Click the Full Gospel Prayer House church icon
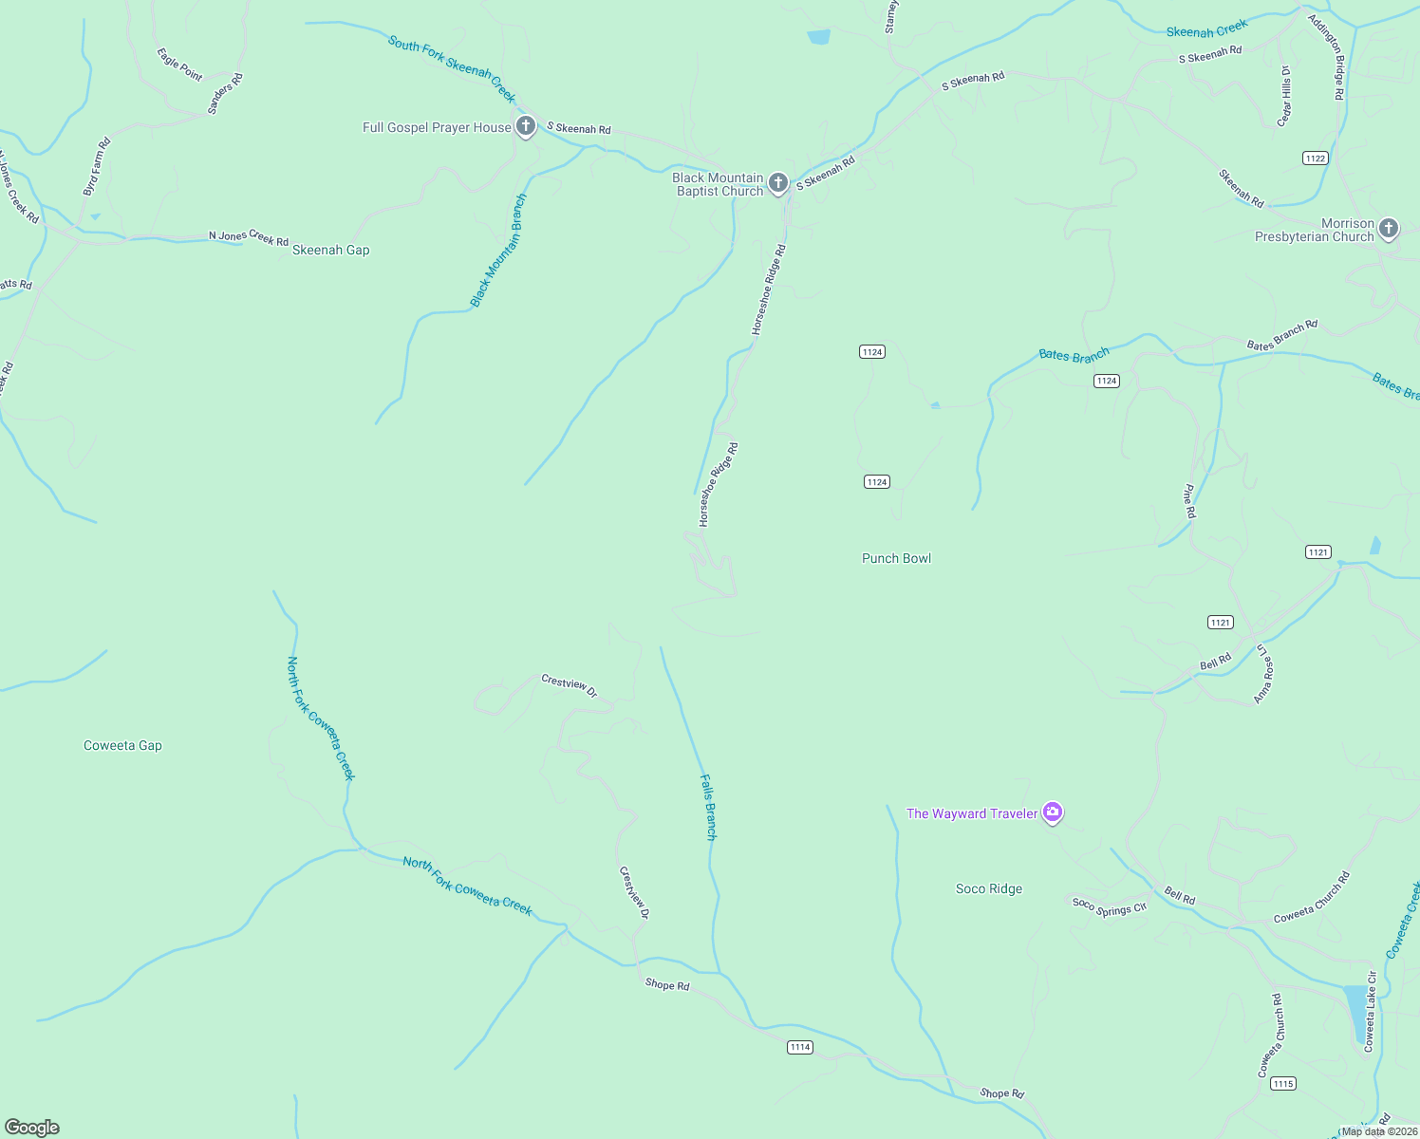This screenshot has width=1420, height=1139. click(526, 126)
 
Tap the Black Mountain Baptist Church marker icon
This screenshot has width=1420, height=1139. click(778, 182)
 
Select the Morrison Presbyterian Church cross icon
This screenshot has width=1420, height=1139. click(1389, 228)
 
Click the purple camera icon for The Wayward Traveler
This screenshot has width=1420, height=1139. click(1052, 812)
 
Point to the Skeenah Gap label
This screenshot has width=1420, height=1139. click(330, 251)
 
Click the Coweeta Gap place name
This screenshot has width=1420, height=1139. click(122, 746)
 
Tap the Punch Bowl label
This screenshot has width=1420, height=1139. click(896, 559)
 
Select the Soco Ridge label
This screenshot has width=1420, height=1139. click(988, 889)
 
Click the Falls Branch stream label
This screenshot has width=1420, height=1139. click(708, 807)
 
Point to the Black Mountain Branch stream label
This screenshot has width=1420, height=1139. click(497, 252)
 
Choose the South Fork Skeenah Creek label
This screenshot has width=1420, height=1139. click(452, 69)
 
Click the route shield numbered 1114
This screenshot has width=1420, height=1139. click(800, 1047)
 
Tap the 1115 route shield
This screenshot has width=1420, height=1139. click(1282, 1084)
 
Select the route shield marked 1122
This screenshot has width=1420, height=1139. click(1315, 159)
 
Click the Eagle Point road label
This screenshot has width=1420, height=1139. click(179, 65)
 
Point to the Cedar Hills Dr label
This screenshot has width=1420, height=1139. click(1284, 96)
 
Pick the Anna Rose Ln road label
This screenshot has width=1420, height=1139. click(1263, 674)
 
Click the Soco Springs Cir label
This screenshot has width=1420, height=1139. click(1109, 906)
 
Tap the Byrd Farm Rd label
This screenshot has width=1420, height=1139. click(97, 167)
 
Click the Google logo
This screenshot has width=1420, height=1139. click(32, 1128)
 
